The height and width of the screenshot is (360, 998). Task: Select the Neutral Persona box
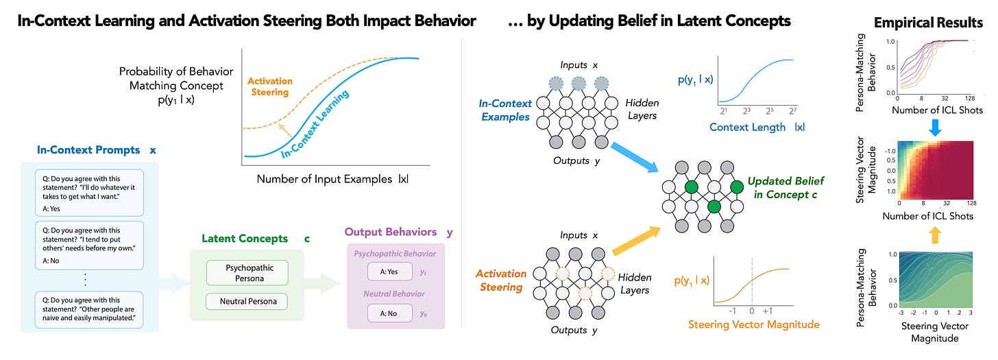coord(246,302)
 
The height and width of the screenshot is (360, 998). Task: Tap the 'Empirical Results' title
coord(928,23)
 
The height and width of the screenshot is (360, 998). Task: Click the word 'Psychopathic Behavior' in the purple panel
coord(394,254)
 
